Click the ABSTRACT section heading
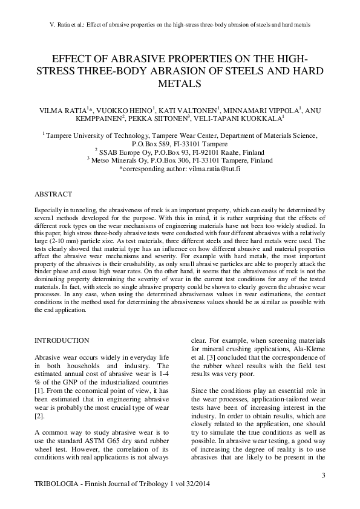pos(53,194)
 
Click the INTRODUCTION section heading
pos(62,341)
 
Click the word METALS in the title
pos(180,84)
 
